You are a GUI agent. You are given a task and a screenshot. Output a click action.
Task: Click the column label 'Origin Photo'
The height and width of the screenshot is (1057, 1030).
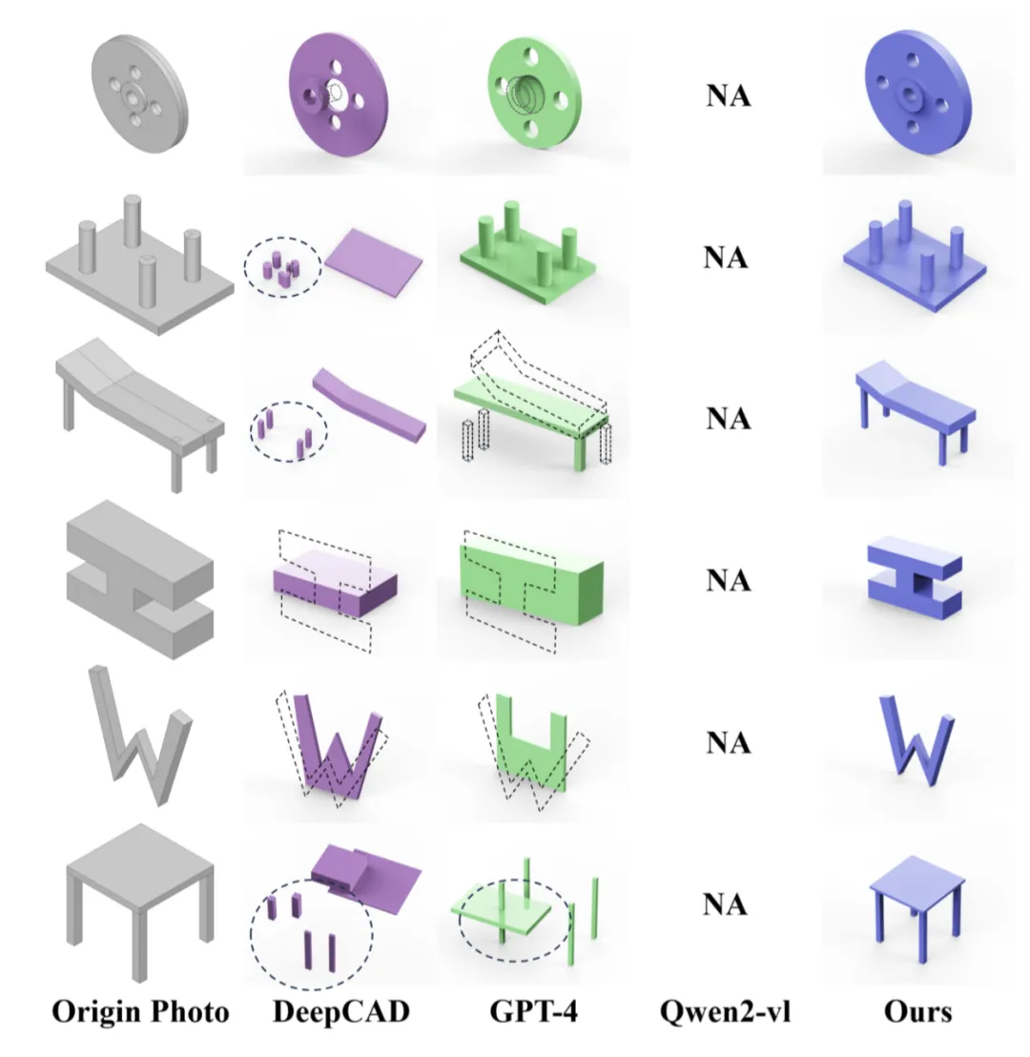click(140, 1012)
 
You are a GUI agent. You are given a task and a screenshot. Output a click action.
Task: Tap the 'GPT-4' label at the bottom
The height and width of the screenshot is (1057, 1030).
click(526, 1012)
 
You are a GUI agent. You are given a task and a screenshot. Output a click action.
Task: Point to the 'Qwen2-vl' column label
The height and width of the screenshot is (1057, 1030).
click(725, 1012)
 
